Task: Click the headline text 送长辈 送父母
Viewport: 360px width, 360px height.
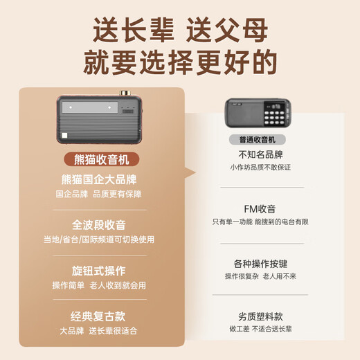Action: (180, 31)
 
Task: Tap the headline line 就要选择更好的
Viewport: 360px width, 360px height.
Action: (180, 64)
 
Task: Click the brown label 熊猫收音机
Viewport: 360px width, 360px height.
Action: (101, 159)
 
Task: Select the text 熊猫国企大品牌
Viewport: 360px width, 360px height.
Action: (101, 180)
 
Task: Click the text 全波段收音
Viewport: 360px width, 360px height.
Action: (101, 224)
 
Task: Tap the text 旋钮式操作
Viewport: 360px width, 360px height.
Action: (101, 270)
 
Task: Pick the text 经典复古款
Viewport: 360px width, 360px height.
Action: (101, 315)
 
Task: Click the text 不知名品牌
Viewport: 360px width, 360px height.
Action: (260, 155)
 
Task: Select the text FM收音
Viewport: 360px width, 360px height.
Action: (260, 208)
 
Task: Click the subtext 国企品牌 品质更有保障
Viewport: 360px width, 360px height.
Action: (101, 195)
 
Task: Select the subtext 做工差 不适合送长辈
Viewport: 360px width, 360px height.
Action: (260, 330)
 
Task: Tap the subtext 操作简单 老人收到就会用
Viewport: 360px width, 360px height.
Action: (101, 285)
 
